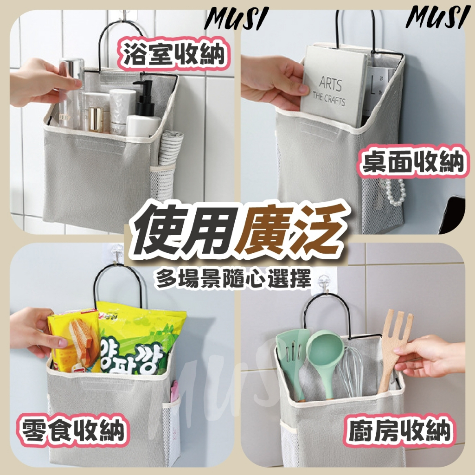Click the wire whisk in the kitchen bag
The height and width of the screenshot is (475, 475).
click(x=352, y=372)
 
